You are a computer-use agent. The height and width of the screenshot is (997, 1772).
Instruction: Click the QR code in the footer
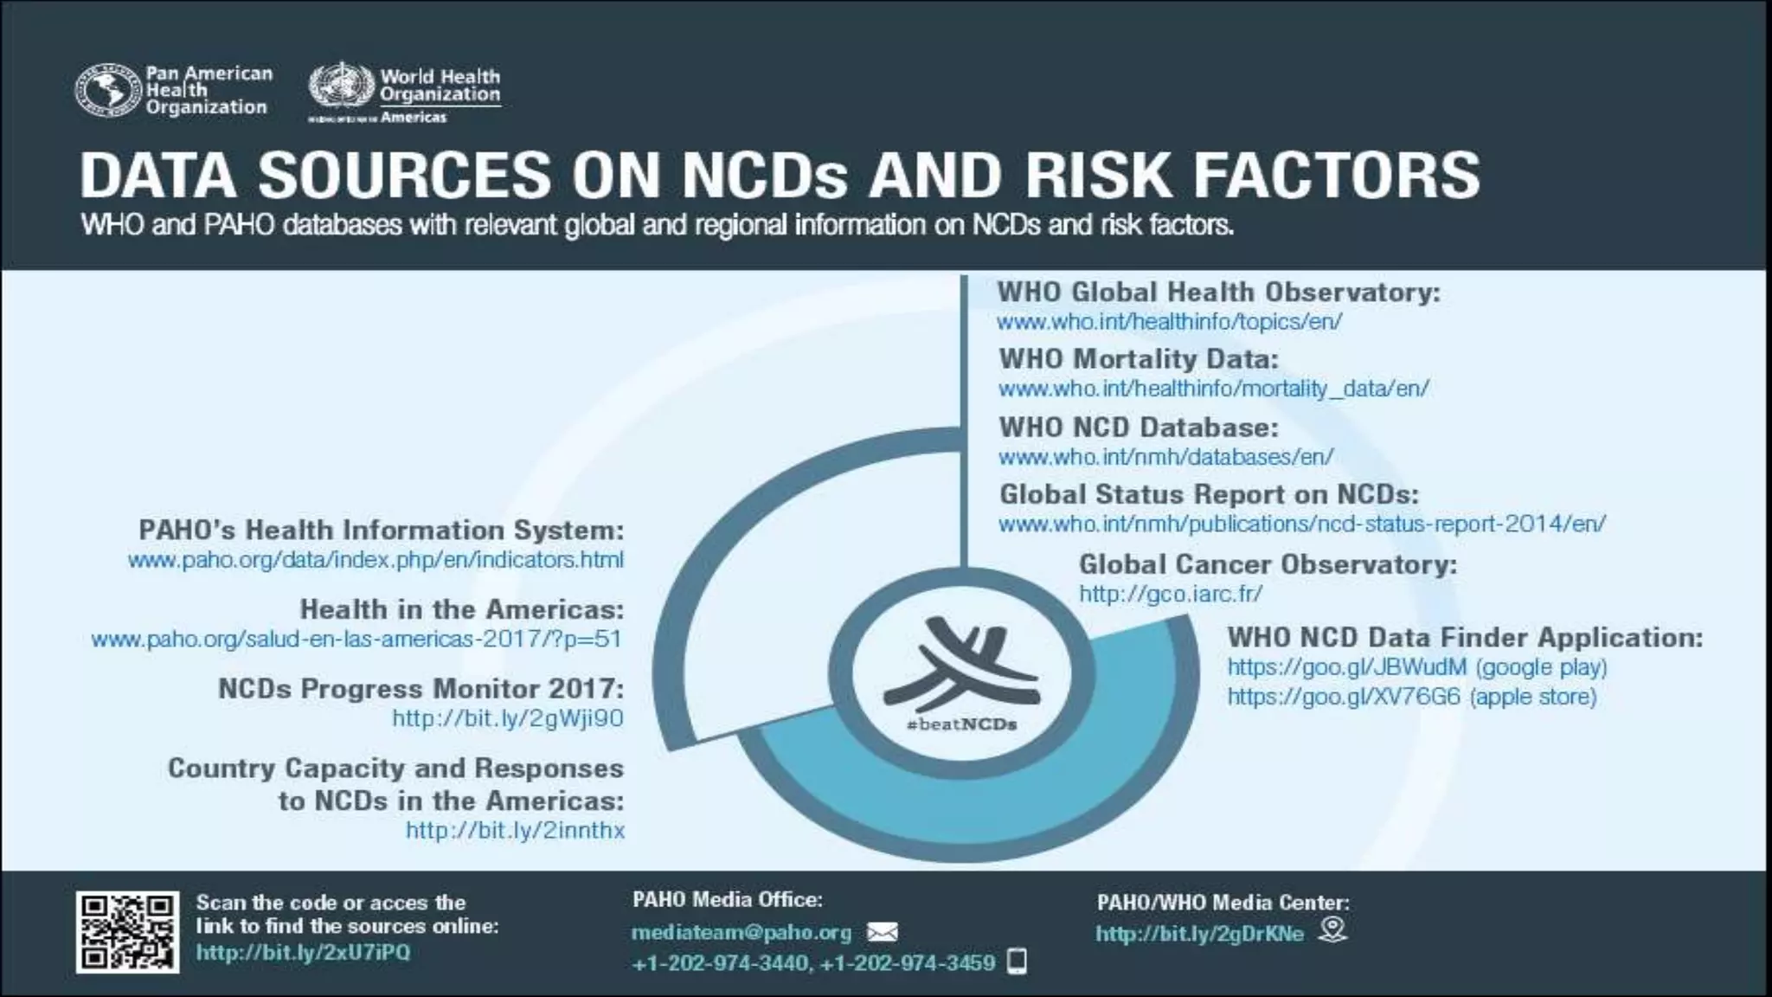tap(127, 932)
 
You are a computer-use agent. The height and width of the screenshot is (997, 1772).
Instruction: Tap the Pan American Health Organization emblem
tap(107, 90)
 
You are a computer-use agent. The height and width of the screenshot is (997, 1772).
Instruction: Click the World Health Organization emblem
tap(342, 90)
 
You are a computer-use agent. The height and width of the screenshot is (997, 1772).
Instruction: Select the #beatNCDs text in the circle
tap(961, 724)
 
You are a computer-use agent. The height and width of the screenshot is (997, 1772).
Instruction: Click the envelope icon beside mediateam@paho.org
tap(882, 932)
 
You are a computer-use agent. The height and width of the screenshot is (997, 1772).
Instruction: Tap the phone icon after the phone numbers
tap(1018, 962)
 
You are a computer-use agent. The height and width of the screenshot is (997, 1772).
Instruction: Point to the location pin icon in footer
tap(1332, 929)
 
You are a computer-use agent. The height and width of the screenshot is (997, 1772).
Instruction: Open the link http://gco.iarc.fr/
tap(1170, 594)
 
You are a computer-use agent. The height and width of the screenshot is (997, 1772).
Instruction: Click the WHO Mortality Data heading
tap(1138, 358)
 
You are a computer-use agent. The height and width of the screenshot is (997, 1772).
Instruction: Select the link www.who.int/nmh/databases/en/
tap(1165, 456)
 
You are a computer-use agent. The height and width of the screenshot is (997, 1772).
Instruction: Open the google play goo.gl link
tap(1416, 667)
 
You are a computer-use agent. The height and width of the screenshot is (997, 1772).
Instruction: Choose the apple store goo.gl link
tap(1411, 697)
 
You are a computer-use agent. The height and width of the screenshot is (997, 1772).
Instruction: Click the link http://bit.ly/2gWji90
tap(507, 718)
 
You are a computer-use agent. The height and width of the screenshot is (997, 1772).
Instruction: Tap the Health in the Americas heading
tap(461, 609)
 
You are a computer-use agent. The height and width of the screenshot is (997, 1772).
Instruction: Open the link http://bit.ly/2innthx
tap(515, 830)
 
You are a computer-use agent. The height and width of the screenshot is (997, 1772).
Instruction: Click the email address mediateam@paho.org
tap(742, 932)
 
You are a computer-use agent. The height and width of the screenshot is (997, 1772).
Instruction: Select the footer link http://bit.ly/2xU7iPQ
tap(303, 953)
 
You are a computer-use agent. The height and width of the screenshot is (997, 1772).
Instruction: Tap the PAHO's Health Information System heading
tap(381, 530)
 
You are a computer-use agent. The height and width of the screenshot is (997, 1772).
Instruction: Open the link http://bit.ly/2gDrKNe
tap(1199, 934)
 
